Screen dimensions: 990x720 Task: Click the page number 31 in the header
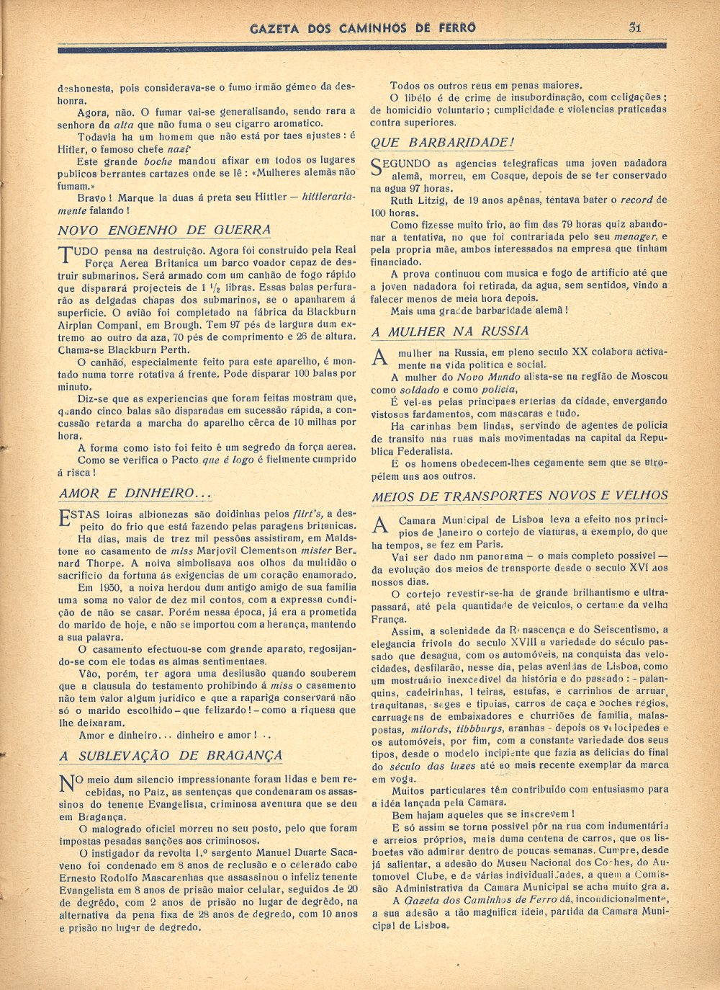click(x=634, y=27)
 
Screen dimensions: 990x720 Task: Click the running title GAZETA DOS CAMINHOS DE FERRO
click(x=363, y=28)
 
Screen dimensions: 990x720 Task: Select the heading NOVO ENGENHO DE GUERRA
click(x=164, y=231)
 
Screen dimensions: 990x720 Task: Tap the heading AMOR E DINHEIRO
click(x=135, y=494)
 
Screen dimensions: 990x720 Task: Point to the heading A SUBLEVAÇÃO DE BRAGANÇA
click(x=171, y=756)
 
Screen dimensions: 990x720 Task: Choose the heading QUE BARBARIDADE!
click(x=443, y=143)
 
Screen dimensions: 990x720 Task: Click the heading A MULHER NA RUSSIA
click(x=450, y=332)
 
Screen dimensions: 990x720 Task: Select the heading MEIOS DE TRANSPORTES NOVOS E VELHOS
click(x=520, y=496)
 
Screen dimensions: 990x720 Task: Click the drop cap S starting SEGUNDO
click(x=378, y=167)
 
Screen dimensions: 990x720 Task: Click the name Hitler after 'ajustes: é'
click(x=72, y=149)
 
